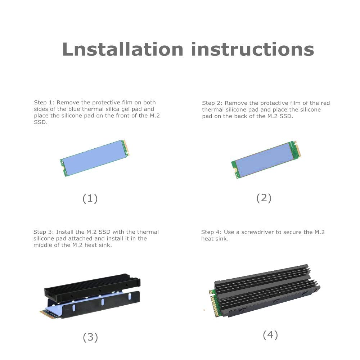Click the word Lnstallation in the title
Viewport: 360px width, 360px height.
(x=123, y=49)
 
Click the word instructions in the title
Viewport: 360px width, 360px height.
(x=252, y=49)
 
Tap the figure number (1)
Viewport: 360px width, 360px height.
(x=90, y=198)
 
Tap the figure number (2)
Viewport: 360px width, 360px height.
(x=264, y=198)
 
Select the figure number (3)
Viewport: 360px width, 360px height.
(x=90, y=337)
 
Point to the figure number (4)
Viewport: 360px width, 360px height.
(x=270, y=335)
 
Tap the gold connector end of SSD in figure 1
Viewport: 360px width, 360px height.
(x=126, y=148)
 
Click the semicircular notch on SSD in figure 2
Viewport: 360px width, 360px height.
(x=234, y=170)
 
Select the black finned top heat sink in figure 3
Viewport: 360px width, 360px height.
(x=92, y=287)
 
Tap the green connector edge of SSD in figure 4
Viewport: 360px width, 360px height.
(x=214, y=303)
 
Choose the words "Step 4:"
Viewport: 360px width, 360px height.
(x=211, y=232)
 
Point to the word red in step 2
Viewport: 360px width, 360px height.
(x=325, y=103)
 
